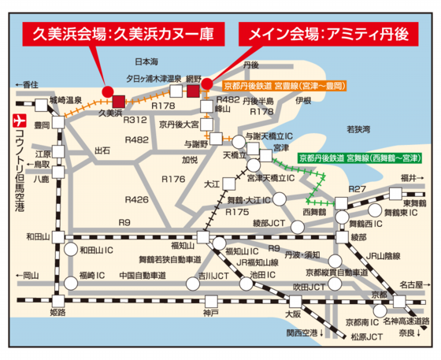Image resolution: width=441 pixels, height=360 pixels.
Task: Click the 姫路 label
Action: pos(58,313)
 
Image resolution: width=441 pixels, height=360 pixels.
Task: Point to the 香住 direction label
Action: pos(27,84)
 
